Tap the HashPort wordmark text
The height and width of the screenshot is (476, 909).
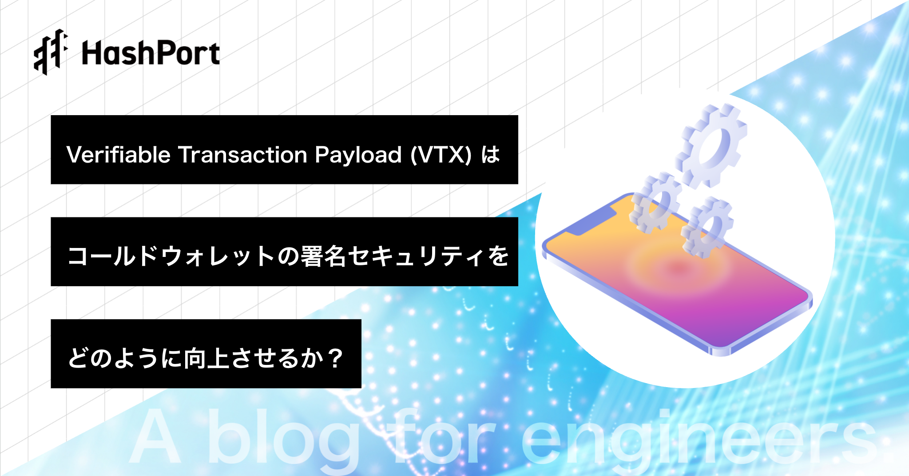pos(151,53)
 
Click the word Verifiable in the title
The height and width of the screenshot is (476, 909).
pos(119,155)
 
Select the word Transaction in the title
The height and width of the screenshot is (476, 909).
pos(243,155)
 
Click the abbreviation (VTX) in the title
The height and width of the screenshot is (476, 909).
pos(441,155)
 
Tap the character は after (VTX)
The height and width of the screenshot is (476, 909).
pos(491,155)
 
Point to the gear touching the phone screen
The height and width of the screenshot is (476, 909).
pos(707,227)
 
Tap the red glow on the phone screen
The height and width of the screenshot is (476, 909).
pos(678,268)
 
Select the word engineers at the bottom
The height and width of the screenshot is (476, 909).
pos(699,438)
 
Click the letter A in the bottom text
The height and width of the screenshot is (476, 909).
pos(155,436)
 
